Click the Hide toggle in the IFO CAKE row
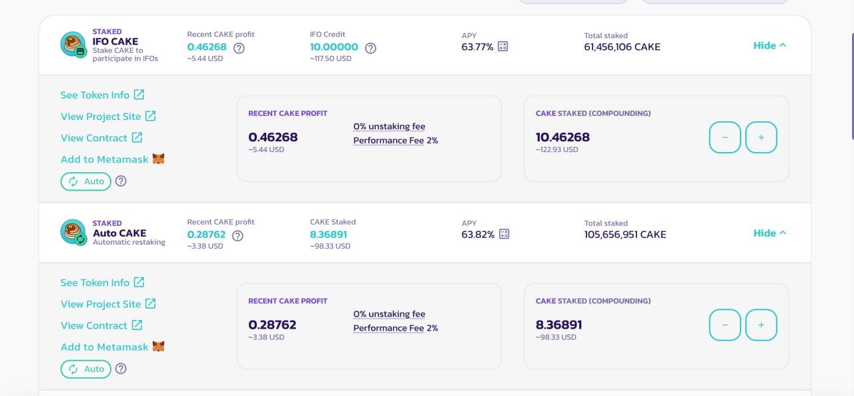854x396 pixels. pyautogui.click(x=769, y=46)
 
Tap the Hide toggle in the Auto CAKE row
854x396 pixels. pyautogui.click(x=769, y=233)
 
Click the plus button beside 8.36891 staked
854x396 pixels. pyautogui.click(x=761, y=325)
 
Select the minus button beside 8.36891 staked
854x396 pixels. pyautogui.click(x=725, y=325)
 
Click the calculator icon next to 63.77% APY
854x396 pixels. pyautogui.click(x=503, y=47)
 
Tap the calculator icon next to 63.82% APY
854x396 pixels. pyautogui.click(x=504, y=234)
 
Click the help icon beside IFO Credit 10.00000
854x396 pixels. pyautogui.click(x=370, y=48)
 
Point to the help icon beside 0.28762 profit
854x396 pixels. pyautogui.click(x=238, y=236)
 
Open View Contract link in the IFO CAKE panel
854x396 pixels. pyautogui.click(x=101, y=137)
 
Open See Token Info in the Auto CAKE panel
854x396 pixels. pyautogui.click(x=102, y=283)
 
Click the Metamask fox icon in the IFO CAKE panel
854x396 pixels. pyautogui.click(x=158, y=159)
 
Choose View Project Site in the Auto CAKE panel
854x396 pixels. pyautogui.click(x=108, y=304)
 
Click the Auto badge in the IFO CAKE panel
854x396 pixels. pyautogui.click(x=86, y=181)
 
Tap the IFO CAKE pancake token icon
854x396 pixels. pyautogui.click(x=73, y=44)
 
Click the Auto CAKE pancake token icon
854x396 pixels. pyautogui.click(x=73, y=232)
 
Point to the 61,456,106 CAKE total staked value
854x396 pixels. pyautogui.click(x=622, y=47)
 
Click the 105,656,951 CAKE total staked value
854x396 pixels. pyautogui.click(x=625, y=235)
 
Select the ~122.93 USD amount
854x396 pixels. pyautogui.click(x=556, y=149)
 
